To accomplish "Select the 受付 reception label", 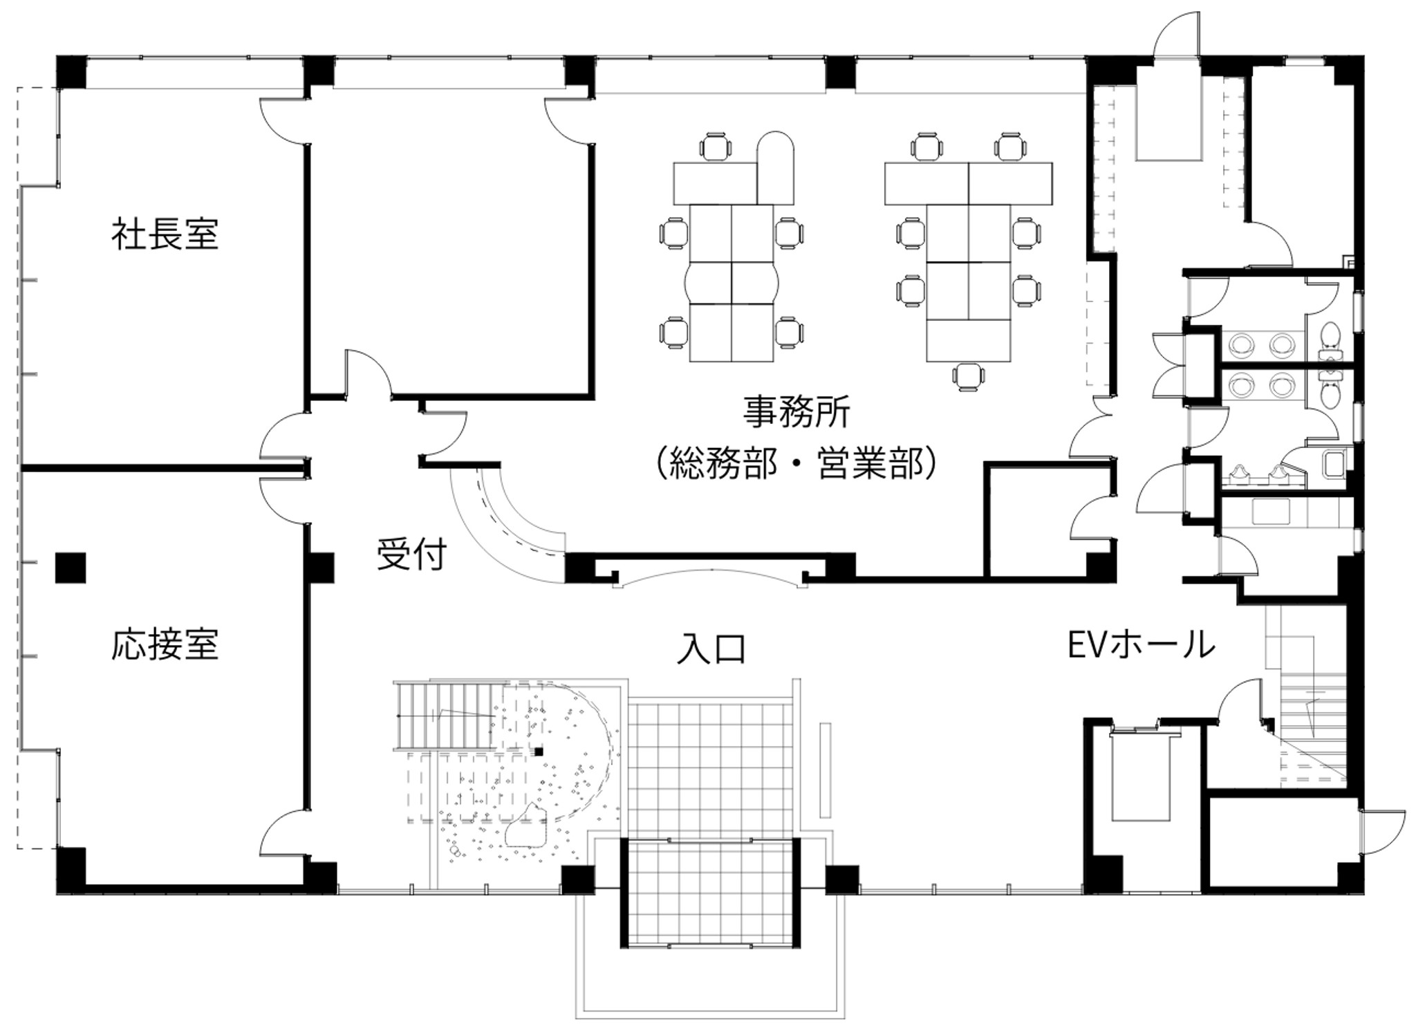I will pos(411,554).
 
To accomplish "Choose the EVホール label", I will pos(1142,645).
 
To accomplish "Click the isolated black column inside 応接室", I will pos(71,568).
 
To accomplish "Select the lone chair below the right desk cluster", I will pos(967,378).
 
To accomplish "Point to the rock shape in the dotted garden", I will pos(527,827).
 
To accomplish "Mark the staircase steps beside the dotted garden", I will pos(446,716).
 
